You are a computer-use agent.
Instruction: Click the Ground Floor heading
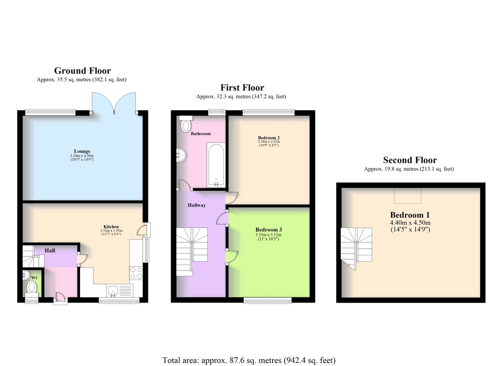tap(83, 71)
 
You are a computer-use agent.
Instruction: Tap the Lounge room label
tap(82, 151)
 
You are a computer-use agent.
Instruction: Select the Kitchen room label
tap(111, 226)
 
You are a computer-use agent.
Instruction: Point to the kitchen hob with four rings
tap(136, 273)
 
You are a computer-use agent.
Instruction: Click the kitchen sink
tap(113, 291)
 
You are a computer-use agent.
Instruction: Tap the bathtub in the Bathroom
tap(216, 165)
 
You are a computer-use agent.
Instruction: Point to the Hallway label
tap(197, 205)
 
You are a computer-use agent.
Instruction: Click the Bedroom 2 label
tap(269, 138)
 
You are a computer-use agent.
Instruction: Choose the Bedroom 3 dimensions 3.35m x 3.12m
tap(269, 235)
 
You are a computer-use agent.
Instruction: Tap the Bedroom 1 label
tap(410, 215)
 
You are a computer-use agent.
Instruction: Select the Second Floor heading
tap(410, 160)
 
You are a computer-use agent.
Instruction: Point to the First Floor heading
tap(242, 87)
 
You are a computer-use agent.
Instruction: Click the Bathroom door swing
tap(184, 185)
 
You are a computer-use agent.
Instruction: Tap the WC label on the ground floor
tap(35, 278)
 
